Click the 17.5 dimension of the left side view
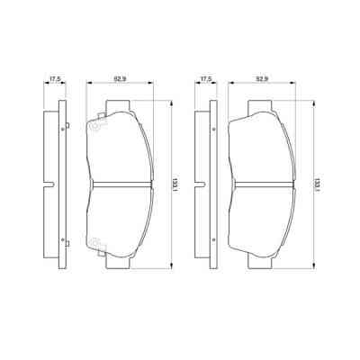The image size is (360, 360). [55, 80]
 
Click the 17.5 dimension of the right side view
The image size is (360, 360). [205, 80]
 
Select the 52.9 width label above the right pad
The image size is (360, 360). [263, 80]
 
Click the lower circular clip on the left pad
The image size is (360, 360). [93, 241]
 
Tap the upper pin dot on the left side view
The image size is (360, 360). [61, 130]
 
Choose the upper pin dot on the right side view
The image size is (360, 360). [212, 130]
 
